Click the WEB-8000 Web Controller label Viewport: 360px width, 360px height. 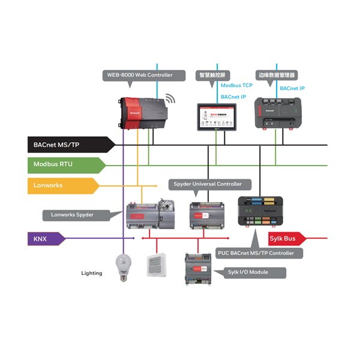tap(139, 75)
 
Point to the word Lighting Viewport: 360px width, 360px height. tap(92, 273)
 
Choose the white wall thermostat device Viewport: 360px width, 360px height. tap(157, 265)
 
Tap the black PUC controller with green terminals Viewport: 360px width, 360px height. tap(260, 214)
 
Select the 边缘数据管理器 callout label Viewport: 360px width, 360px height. tap(277, 75)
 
